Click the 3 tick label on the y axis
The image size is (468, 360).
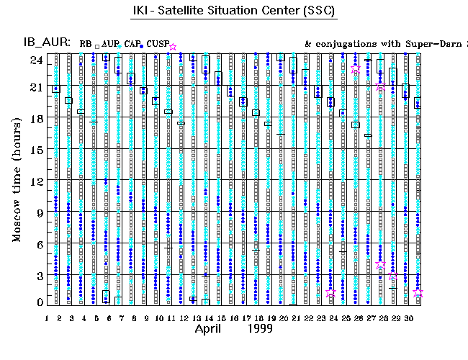39,276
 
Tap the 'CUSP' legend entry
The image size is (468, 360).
157,44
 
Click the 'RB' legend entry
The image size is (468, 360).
86,44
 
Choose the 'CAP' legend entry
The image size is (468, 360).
132,44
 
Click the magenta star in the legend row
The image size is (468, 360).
173,47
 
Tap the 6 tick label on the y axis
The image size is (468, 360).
39,244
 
